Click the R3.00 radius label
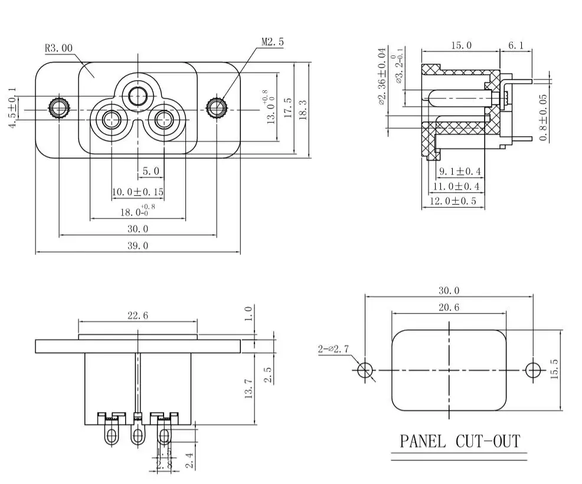pos(58,48)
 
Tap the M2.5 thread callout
pos(273,42)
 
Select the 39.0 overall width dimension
pos(138,246)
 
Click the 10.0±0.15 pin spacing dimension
pos(138,192)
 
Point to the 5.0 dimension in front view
pos(151,172)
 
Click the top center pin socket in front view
pos(138,95)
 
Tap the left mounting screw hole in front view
pos(58,108)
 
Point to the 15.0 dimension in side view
pos(461,45)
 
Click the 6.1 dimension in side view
pos(515,45)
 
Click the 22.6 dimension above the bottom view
pos(137,315)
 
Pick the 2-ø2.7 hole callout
pos(333,348)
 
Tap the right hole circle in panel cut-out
pos(533,370)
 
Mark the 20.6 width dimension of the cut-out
pos(449,307)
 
